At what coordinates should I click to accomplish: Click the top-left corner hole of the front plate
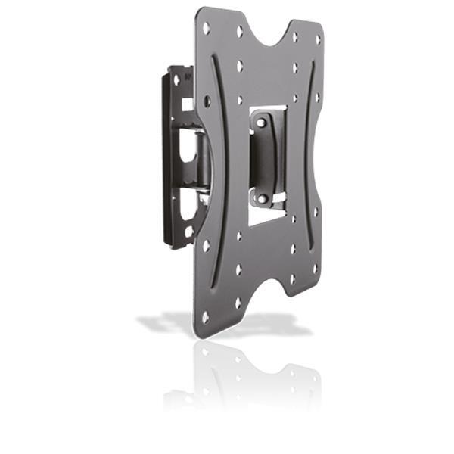tap(206, 28)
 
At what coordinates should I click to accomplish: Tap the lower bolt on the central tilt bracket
tap(262, 198)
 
